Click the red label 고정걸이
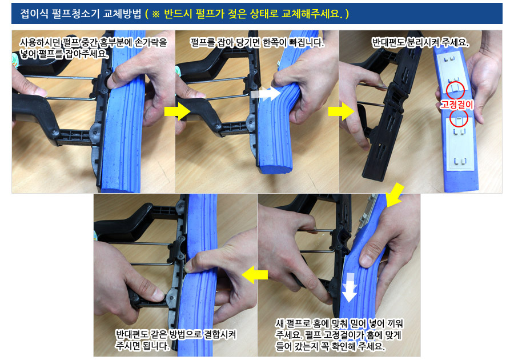(457, 105)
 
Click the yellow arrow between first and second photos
(178, 111)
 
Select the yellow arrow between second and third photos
(342, 111)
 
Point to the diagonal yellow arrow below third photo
(395, 195)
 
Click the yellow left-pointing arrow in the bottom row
(255, 275)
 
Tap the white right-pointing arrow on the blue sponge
(266, 94)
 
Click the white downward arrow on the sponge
(350, 287)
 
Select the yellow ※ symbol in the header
(156, 14)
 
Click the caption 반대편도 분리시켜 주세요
(420, 43)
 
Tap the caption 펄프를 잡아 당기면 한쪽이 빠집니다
(257, 43)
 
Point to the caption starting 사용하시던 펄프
(94, 48)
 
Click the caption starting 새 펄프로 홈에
(339, 335)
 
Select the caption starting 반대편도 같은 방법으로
(176, 340)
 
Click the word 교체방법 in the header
(122, 14)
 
